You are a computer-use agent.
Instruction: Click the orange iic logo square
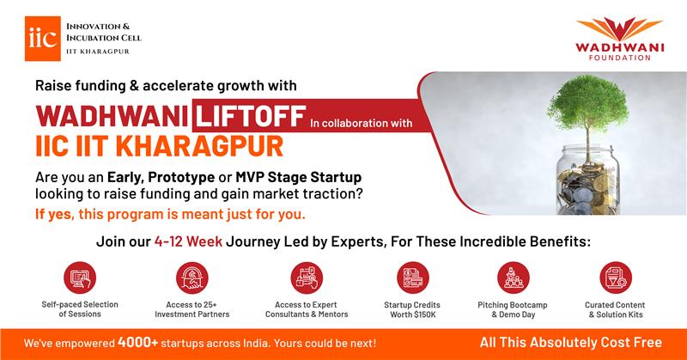[x=42, y=39]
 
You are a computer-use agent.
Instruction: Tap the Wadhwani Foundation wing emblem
[x=619, y=29]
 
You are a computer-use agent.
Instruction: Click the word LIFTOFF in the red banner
[x=250, y=116]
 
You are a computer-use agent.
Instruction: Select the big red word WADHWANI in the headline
[x=112, y=116]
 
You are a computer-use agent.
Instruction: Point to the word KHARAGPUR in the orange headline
[x=199, y=146]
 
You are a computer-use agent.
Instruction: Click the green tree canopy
[x=587, y=103]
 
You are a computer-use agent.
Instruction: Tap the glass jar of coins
[x=588, y=180]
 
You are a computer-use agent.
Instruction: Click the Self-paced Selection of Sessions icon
[x=80, y=278]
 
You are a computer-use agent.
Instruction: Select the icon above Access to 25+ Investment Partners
[x=192, y=278]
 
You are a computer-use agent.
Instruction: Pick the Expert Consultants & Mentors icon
[x=307, y=278]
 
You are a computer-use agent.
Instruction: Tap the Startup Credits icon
[x=412, y=278]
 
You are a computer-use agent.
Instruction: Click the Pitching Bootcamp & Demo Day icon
[x=513, y=278]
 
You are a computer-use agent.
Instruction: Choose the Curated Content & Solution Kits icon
[x=616, y=278]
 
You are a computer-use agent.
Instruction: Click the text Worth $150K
[x=413, y=314]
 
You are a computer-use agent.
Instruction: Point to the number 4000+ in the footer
[x=137, y=343]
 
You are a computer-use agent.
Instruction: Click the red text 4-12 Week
[x=188, y=241]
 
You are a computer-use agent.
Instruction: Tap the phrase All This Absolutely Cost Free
[x=570, y=342]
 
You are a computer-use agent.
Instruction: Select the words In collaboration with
[x=361, y=123]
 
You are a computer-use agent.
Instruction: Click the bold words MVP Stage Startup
[x=298, y=177]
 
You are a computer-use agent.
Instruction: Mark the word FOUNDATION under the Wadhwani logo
[x=619, y=58]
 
